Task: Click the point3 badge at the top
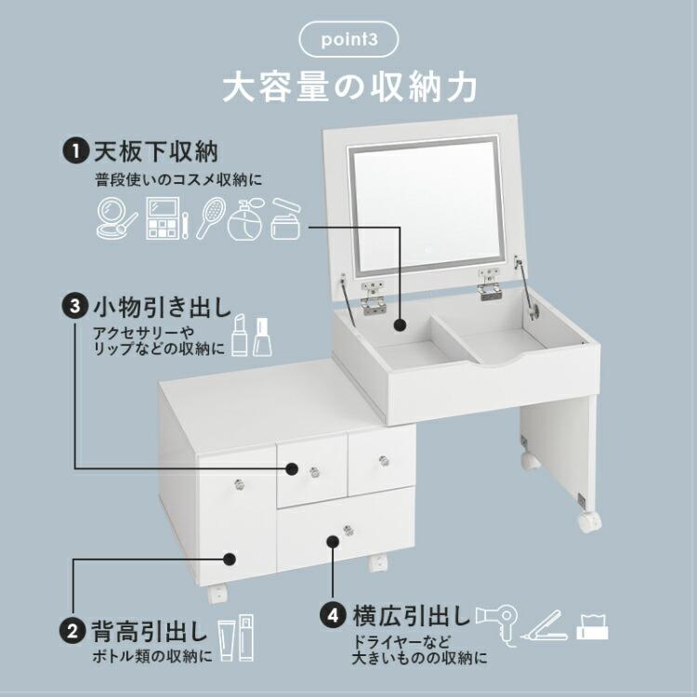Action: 349,41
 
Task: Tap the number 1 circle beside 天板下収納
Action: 71,149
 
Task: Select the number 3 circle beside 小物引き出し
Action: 71,305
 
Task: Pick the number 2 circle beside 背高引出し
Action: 71,632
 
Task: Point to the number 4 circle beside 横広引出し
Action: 333,615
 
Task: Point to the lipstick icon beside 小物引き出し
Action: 239,335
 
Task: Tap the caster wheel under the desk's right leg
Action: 590,520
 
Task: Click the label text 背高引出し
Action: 148,632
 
